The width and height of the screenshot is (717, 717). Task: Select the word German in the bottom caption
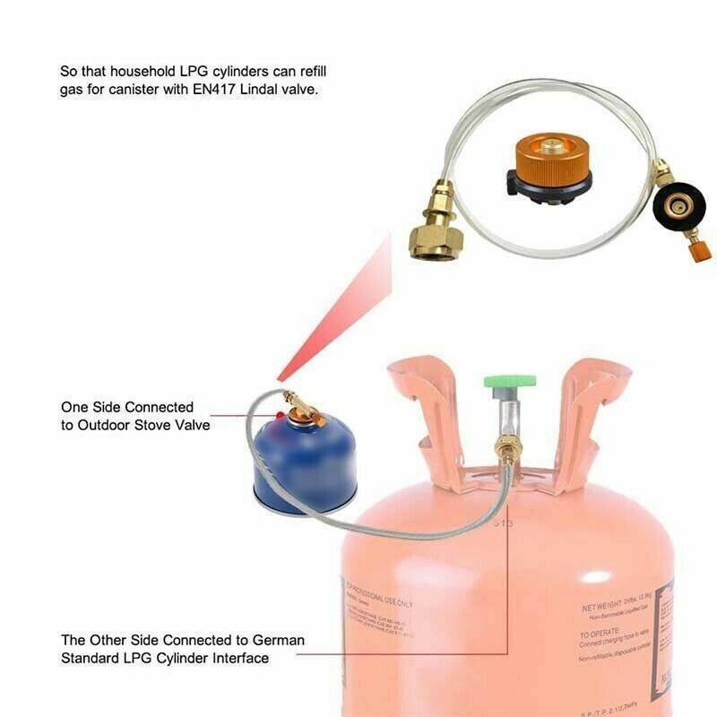click(x=279, y=641)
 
